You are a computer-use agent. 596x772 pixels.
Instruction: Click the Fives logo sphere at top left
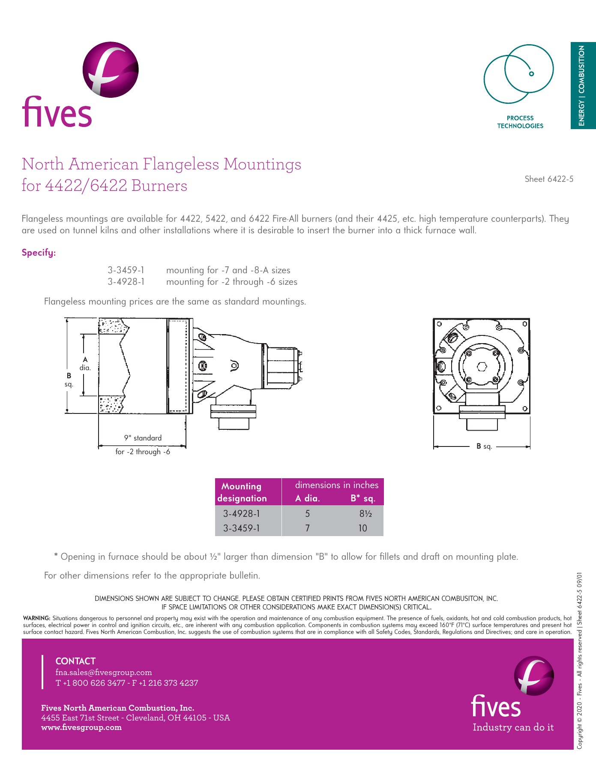(x=111, y=69)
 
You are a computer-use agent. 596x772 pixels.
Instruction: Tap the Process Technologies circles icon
(x=518, y=74)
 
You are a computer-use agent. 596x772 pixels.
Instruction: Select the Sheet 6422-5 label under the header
(x=549, y=179)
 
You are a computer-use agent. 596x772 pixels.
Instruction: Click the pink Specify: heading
(x=39, y=253)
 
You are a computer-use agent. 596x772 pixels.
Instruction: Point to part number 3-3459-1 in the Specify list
(x=126, y=270)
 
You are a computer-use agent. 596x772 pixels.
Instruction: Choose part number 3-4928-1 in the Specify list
(x=126, y=282)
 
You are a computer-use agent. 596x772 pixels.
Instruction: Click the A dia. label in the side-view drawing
(x=85, y=364)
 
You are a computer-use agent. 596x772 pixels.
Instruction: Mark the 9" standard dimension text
(x=143, y=438)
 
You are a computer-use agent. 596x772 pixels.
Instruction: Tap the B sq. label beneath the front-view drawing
(x=484, y=446)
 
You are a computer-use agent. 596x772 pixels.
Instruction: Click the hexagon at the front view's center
(x=482, y=367)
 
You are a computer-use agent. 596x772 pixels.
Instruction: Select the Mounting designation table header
(x=243, y=492)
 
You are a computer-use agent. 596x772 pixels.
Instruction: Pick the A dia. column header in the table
(x=308, y=498)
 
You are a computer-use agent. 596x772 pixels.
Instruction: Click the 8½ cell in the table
(x=365, y=513)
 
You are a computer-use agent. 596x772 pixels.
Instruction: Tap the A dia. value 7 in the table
(x=308, y=528)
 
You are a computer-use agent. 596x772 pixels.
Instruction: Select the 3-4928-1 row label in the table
(x=242, y=513)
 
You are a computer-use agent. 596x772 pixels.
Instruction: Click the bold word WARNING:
(x=37, y=618)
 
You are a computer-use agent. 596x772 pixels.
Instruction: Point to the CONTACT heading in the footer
(x=75, y=661)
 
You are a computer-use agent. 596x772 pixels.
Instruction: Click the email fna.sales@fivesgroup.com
(x=104, y=672)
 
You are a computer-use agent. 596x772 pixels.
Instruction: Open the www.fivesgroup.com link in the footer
(x=81, y=727)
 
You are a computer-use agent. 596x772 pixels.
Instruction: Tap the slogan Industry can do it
(x=513, y=727)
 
